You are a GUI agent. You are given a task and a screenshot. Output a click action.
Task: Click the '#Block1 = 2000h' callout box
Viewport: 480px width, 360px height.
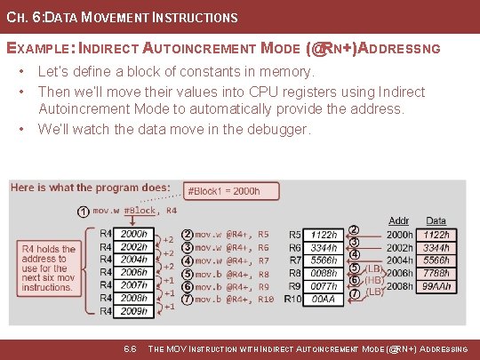222,191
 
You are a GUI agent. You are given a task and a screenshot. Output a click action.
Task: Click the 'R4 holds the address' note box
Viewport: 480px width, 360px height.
48,268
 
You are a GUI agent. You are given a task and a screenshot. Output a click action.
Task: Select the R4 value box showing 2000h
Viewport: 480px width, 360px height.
134,235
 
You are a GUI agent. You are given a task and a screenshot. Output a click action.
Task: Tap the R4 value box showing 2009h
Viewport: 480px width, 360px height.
134,311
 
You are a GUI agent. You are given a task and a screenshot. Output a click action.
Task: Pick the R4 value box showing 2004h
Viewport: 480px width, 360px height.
134,260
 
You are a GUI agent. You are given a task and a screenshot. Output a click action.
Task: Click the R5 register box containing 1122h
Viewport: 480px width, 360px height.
324,236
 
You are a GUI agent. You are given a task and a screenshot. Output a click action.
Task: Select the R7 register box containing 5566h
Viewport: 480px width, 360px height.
324,261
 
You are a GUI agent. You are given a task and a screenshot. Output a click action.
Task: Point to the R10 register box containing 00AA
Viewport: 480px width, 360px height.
324,300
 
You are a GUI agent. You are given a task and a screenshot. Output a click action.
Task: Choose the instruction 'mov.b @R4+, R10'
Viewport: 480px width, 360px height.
233,300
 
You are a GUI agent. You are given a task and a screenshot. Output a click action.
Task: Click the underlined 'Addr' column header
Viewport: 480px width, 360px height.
398,220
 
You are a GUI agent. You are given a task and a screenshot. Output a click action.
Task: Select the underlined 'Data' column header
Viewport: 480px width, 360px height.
436,220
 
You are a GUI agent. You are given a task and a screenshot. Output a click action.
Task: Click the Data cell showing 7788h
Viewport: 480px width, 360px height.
437,275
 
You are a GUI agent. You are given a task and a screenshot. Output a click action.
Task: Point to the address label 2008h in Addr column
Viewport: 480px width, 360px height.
398,287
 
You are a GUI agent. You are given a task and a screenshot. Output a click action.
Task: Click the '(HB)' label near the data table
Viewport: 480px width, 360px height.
375,279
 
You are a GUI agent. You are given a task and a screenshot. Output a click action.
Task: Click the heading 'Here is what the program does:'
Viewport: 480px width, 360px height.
91,188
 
